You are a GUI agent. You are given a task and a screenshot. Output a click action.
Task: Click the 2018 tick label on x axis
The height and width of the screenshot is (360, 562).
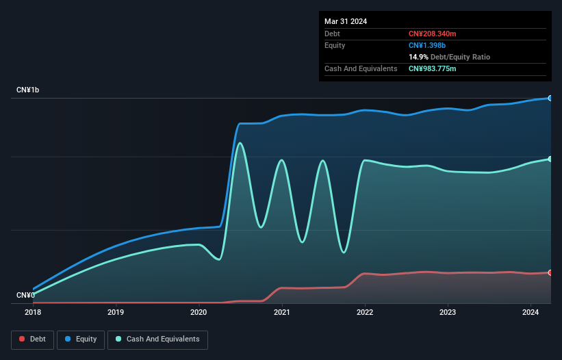(x=33, y=313)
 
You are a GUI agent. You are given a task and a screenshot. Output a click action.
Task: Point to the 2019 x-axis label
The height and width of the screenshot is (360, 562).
(x=116, y=313)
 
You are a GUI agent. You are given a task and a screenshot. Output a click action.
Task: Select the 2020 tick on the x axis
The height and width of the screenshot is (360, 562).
(x=199, y=313)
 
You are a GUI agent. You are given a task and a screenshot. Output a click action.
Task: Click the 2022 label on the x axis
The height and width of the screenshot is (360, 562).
(x=365, y=313)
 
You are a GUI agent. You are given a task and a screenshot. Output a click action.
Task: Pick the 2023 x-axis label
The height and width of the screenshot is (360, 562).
(x=448, y=313)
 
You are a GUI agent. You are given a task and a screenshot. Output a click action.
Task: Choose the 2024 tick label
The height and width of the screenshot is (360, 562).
(x=531, y=313)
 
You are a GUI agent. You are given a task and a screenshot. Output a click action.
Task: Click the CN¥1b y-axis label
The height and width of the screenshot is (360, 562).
(x=28, y=90)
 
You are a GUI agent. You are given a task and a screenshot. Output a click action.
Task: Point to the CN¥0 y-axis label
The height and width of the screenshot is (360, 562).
(x=25, y=295)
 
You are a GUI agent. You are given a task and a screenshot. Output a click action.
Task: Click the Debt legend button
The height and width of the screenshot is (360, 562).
(x=32, y=339)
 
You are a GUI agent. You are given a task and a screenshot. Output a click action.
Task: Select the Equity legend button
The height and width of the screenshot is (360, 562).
(x=81, y=339)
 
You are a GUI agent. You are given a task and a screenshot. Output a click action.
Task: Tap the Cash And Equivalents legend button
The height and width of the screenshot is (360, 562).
(x=157, y=339)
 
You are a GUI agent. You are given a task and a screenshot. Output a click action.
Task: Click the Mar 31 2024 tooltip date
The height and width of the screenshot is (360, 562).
(x=346, y=21)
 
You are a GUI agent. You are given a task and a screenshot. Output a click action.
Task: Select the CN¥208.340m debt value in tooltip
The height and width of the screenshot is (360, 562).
(x=432, y=34)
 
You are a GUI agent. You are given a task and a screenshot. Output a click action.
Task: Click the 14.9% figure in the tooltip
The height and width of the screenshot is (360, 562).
(x=419, y=57)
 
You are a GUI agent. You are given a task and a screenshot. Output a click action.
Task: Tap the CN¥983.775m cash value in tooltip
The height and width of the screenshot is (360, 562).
(x=432, y=68)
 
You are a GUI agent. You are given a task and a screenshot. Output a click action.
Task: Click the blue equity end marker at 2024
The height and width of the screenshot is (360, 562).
(x=550, y=99)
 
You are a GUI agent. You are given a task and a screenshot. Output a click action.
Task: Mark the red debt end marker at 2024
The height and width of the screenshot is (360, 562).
(x=550, y=272)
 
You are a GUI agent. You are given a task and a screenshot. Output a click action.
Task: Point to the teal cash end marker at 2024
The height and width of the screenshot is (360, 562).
(x=550, y=159)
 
